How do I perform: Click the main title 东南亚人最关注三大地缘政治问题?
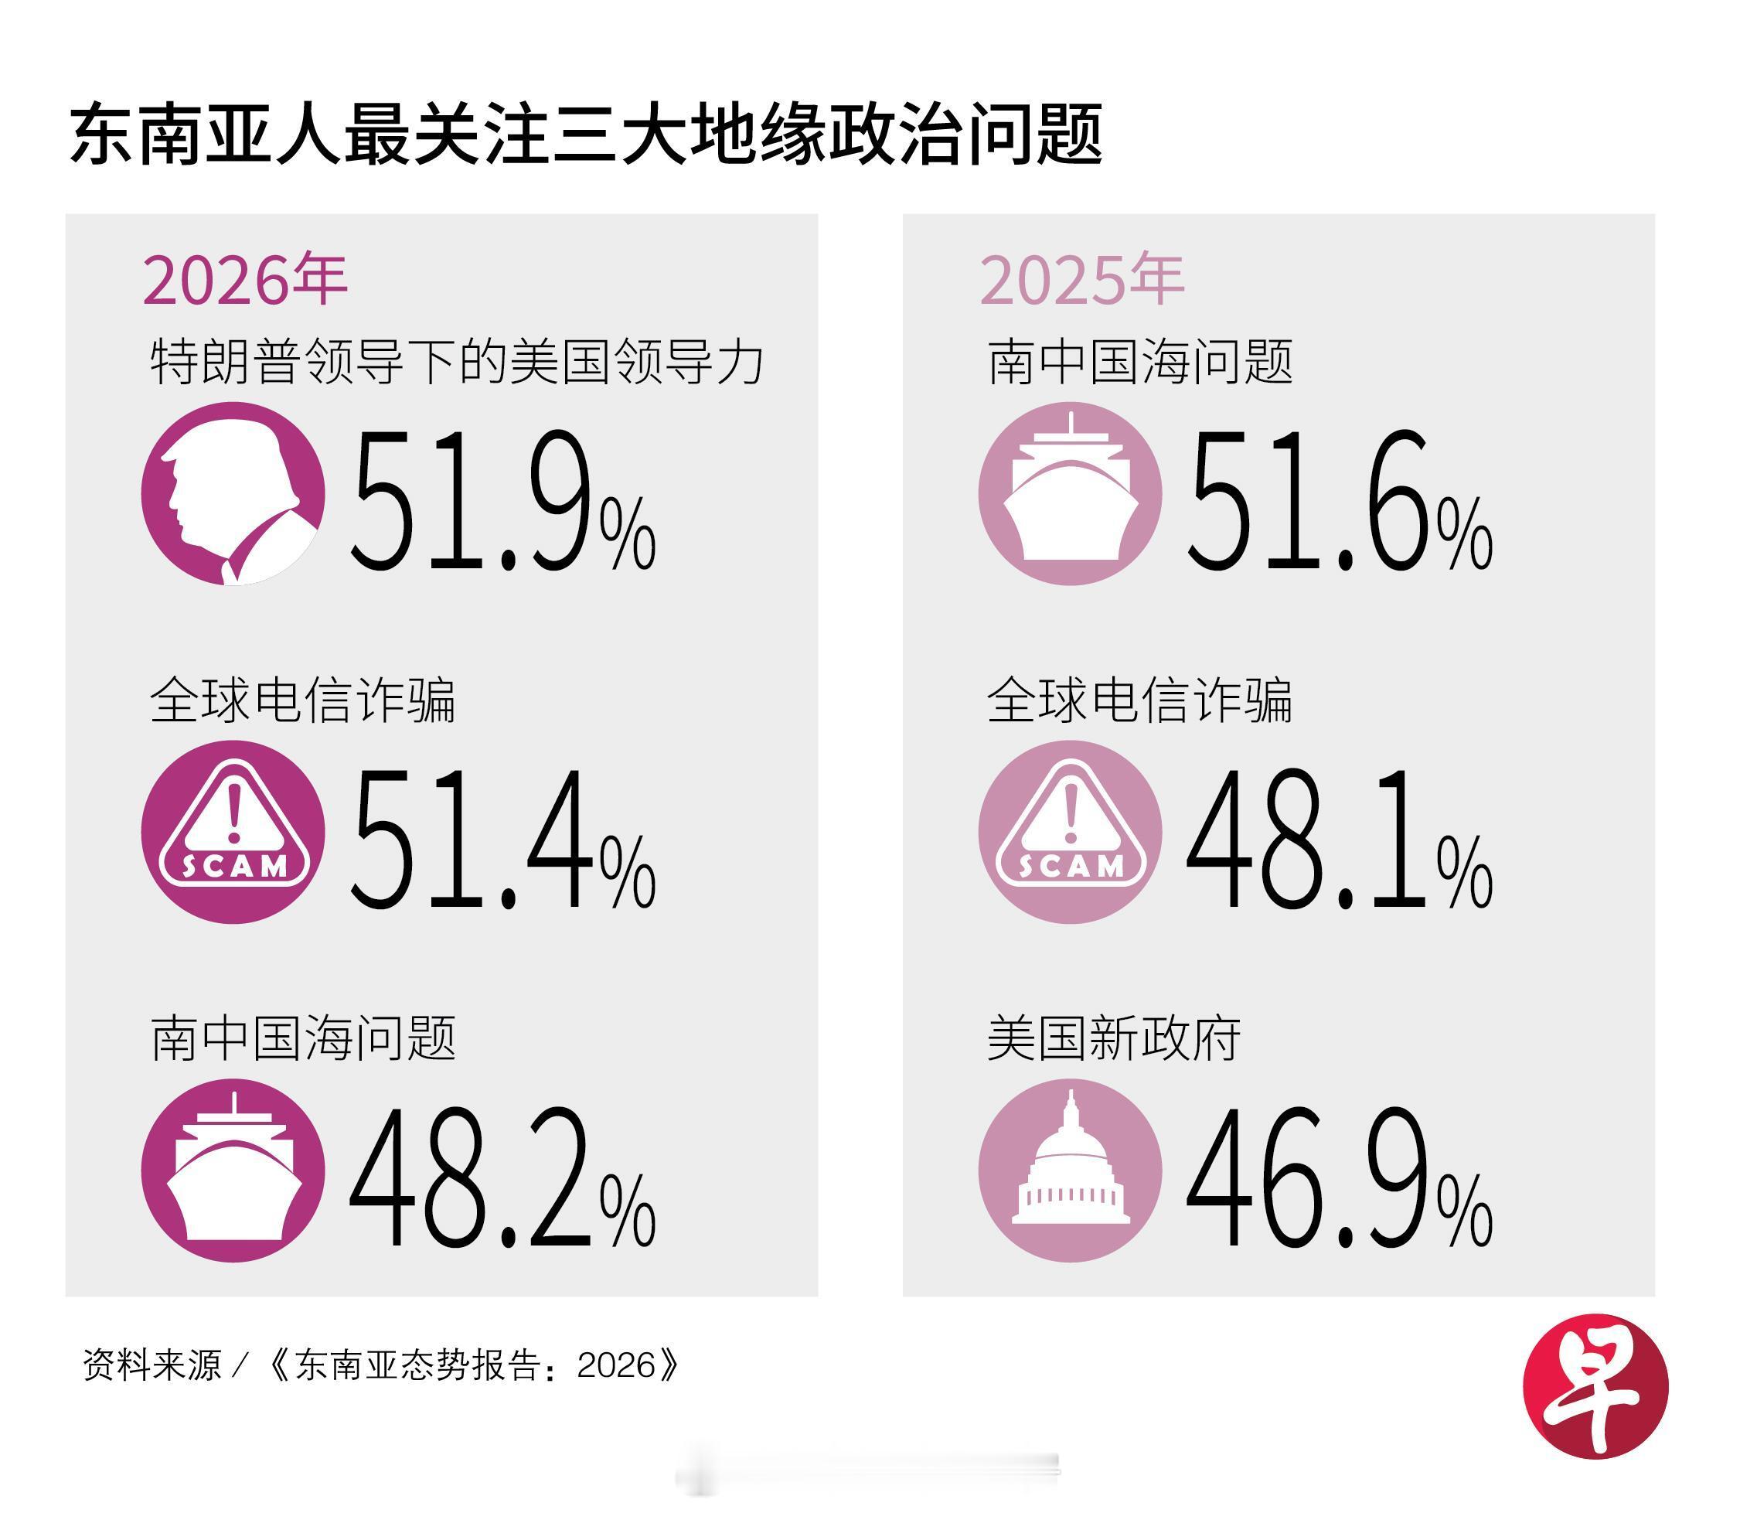[586, 135]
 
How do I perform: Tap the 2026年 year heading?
[245, 281]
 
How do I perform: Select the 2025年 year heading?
[1081, 281]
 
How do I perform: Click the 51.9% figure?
[502, 500]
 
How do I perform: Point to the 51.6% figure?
[1339, 500]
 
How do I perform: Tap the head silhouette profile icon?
[233, 494]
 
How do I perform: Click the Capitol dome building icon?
[1071, 1171]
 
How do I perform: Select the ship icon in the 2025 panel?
[1071, 494]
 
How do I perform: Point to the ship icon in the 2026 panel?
[233, 1171]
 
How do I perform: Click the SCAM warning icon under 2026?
[233, 833]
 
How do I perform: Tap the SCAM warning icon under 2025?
[1071, 833]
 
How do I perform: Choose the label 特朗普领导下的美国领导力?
[457, 363]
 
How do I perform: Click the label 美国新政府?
[1114, 1038]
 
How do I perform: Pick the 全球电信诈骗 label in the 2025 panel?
[1139, 700]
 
